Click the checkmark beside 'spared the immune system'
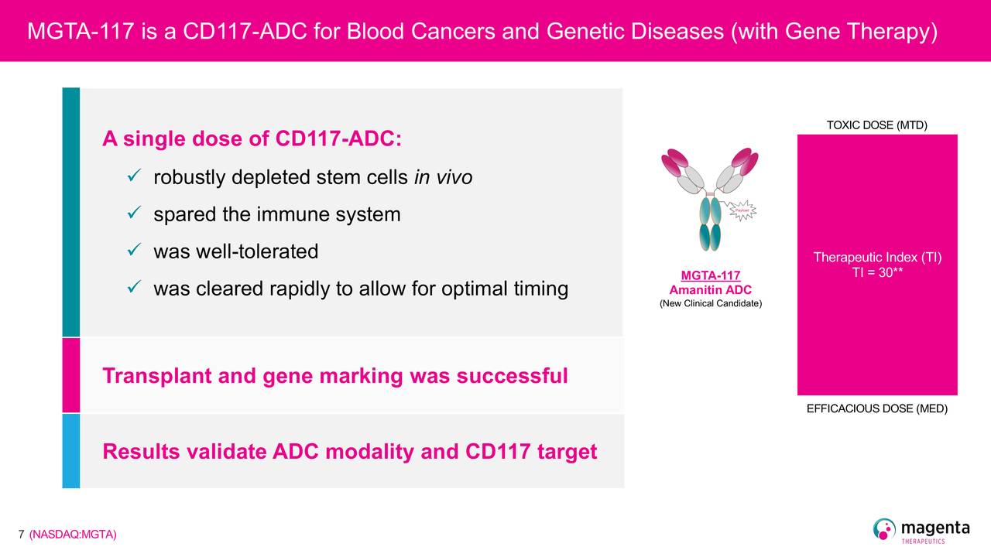(134, 213)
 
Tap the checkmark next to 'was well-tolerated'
(134, 250)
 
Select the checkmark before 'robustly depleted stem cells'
(134, 176)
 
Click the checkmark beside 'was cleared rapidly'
(134, 287)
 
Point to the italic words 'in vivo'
(444, 177)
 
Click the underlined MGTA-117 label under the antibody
(711, 275)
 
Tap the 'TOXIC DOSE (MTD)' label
(877, 125)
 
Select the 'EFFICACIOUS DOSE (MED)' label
(877, 408)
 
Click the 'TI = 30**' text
(877, 272)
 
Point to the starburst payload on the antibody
(742, 210)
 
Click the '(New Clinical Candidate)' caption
(711, 303)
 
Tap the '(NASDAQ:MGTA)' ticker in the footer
(73, 535)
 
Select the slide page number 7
(21, 535)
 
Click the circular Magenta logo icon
(884, 528)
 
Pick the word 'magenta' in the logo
(935, 528)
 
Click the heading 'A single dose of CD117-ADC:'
(252, 138)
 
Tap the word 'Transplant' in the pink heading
(156, 376)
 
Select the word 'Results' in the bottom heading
(141, 451)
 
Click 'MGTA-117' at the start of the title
(81, 32)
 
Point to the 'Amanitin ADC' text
(711, 290)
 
